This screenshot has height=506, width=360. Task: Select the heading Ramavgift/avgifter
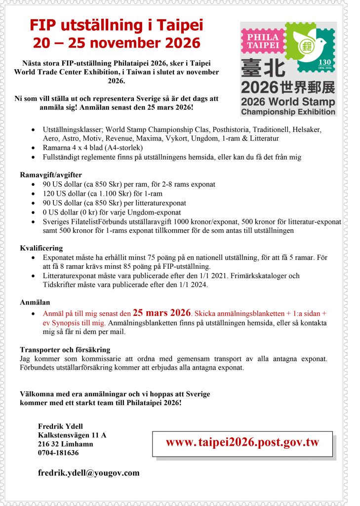pyautogui.click(x=51, y=175)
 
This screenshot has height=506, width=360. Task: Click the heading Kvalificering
pyautogui.click(x=41, y=248)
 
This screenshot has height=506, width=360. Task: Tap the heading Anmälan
pyautogui.click(x=35, y=302)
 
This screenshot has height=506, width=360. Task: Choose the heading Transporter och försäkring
pyautogui.click(x=65, y=349)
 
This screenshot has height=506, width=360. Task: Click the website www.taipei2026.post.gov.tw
pyautogui.click(x=242, y=442)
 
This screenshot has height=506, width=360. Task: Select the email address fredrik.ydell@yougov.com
pyautogui.click(x=89, y=473)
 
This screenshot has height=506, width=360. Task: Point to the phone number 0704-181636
pyautogui.click(x=58, y=453)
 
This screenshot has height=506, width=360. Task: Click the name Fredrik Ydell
pyautogui.click(x=61, y=426)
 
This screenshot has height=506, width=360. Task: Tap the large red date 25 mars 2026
pyautogui.click(x=161, y=313)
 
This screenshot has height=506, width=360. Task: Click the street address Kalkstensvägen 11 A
pyautogui.click(x=72, y=435)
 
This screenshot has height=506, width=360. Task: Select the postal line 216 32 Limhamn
pyautogui.click(x=66, y=444)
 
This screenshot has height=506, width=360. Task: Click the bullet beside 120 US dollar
pyautogui.click(x=33, y=194)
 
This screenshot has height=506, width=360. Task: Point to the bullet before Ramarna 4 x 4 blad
pyautogui.click(x=33, y=148)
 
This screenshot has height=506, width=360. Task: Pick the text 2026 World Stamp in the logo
pyautogui.click(x=288, y=103)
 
